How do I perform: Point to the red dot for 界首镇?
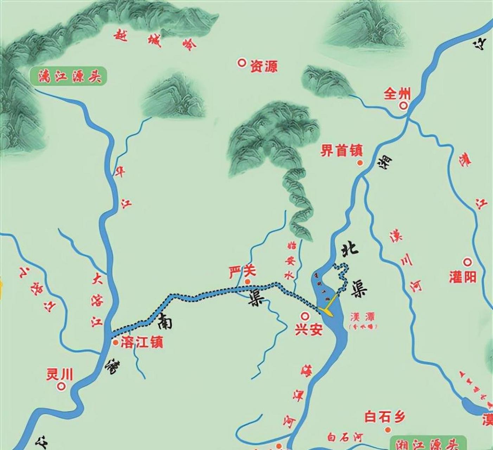(359, 162)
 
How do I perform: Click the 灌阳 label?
(462, 277)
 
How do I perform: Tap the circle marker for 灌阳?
(467, 262)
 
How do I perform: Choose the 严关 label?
(242, 271)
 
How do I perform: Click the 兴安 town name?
(308, 330)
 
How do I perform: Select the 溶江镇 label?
(142, 342)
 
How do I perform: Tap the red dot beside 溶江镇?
(115, 342)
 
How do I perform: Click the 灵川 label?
(59, 374)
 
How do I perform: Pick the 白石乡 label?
(385, 417)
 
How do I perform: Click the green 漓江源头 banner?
(68, 76)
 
